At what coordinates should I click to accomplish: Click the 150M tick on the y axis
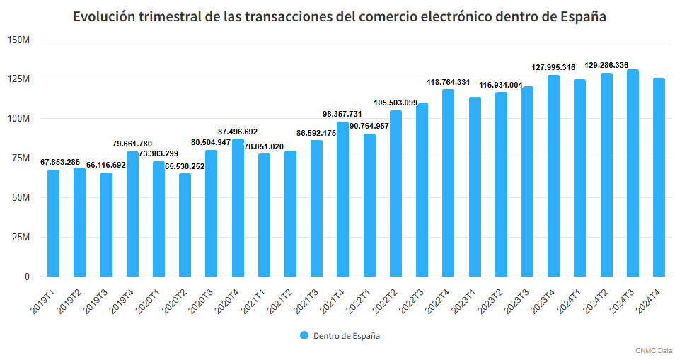tap(18, 40)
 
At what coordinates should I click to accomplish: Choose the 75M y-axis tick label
tap(20, 158)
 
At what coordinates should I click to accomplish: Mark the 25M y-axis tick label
tap(20, 238)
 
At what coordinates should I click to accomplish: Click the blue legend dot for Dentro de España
tap(304, 336)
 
